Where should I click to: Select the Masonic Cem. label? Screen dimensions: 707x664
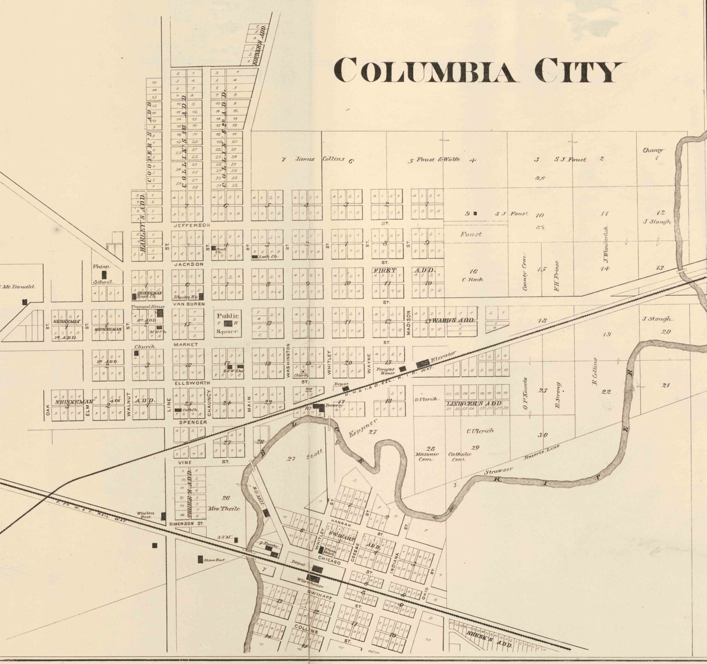(x=427, y=456)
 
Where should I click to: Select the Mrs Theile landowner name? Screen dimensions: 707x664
(x=223, y=509)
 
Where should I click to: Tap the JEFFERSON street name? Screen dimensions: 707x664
(x=191, y=226)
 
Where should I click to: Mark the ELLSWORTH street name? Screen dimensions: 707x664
(x=192, y=383)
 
